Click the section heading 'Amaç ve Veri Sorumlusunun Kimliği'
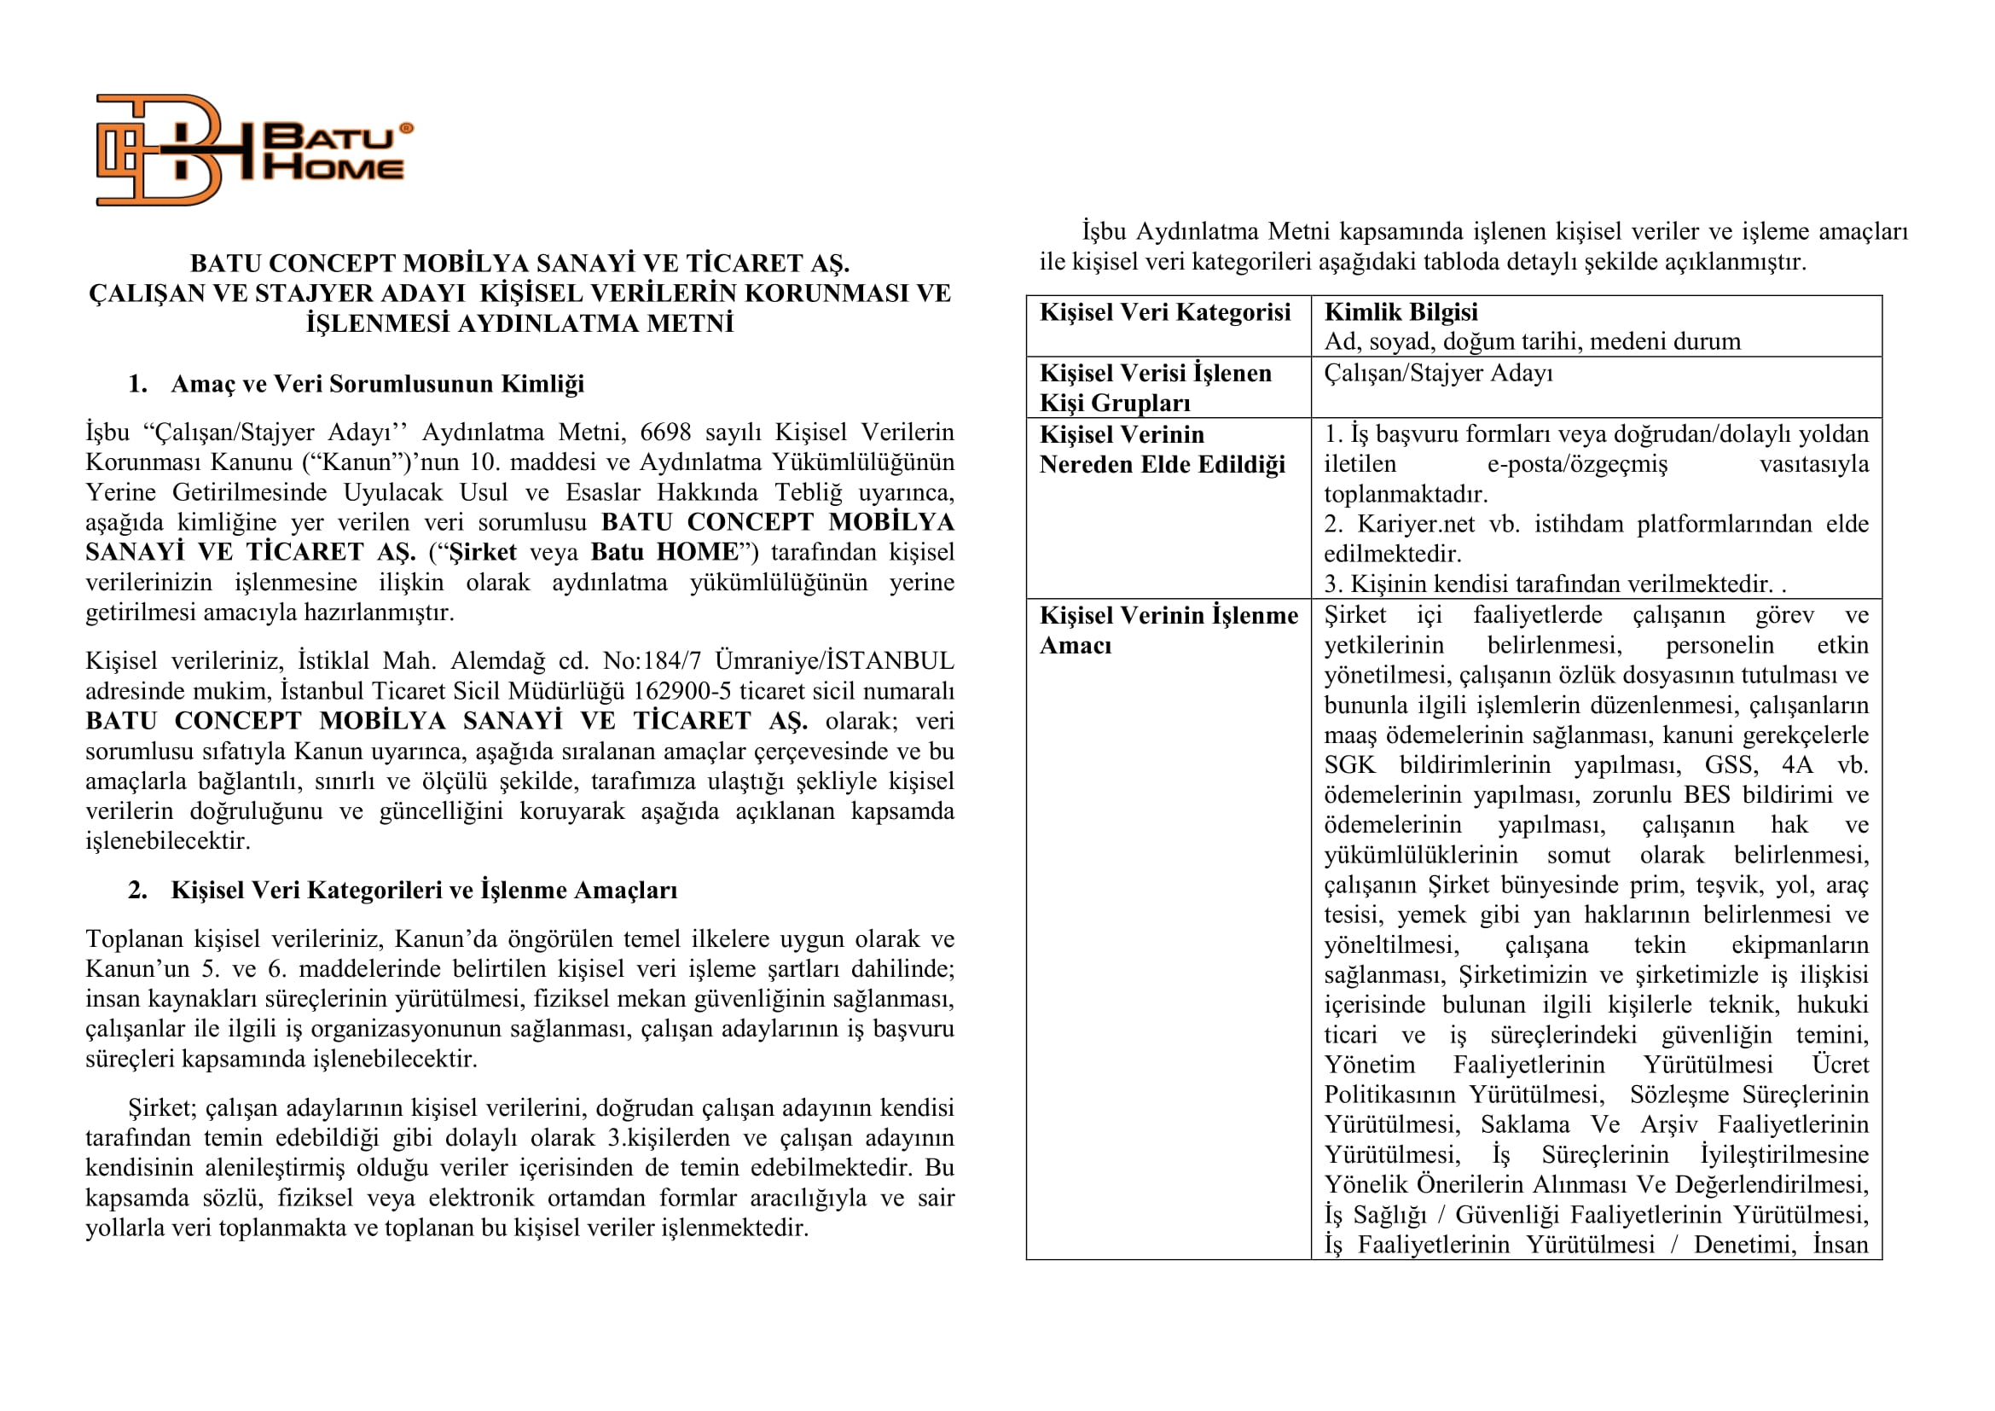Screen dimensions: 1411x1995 point(377,383)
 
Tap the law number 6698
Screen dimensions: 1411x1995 point(664,432)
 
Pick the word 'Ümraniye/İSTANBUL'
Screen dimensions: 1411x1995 point(834,661)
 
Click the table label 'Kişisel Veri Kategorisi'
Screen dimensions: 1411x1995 point(1164,312)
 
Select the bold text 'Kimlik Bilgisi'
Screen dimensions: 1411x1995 point(1400,312)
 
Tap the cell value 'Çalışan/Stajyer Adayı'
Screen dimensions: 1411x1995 point(1438,373)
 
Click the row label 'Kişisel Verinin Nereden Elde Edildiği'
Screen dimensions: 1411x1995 point(1162,450)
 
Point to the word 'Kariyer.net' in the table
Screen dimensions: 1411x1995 point(1416,524)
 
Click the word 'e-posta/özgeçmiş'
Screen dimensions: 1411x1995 point(1577,464)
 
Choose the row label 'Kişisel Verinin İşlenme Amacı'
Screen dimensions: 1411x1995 point(1168,630)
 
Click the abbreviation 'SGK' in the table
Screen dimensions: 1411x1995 point(1349,764)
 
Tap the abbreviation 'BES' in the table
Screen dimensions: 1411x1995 point(1707,795)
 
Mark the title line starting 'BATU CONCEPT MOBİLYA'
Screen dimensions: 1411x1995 point(519,264)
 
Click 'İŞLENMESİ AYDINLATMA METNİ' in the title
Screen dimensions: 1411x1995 point(519,323)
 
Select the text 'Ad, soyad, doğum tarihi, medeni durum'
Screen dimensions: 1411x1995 point(1532,341)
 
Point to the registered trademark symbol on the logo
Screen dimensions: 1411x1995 point(406,128)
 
